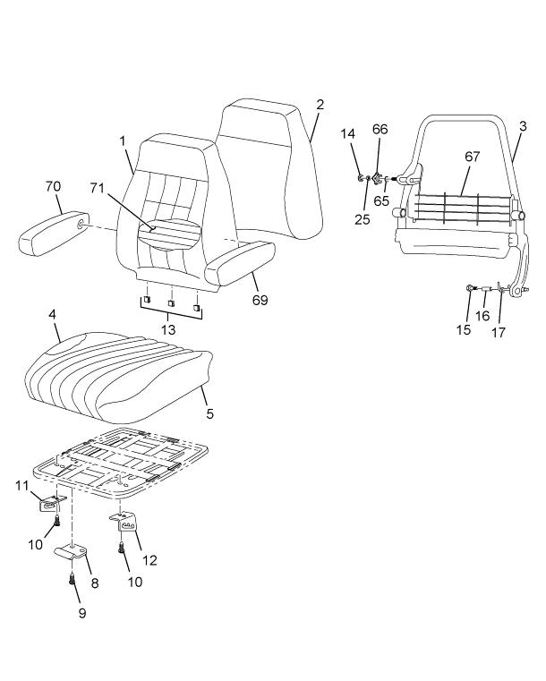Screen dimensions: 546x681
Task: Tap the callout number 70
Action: pyautogui.click(x=53, y=187)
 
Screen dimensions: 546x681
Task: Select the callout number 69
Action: pyautogui.click(x=260, y=300)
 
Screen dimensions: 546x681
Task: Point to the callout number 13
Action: pyautogui.click(x=168, y=329)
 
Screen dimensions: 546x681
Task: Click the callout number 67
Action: pyautogui.click(x=473, y=157)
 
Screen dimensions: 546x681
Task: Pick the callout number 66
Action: pyautogui.click(x=380, y=129)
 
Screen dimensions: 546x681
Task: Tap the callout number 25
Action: pyautogui.click(x=362, y=219)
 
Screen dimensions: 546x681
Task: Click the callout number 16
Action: pyautogui.click(x=482, y=316)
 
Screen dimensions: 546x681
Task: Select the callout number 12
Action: pyautogui.click(x=149, y=560)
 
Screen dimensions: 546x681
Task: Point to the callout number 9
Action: pyautogui.click(x=82, y=613)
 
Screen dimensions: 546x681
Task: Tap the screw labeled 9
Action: pyautogui.click(x=73, y=578)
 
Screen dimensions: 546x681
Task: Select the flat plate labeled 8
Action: pyautogui.click(x=72, y=550)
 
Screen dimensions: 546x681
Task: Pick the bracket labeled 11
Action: pyautogui.click(x=51, y=504)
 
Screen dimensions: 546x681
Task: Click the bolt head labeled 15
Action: pyautogui.click(x=471, y=288)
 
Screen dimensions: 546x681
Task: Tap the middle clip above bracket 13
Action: pyautogui.click(x=171, y=302)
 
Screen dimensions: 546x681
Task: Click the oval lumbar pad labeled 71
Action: pyautogui.click(x=170, y=235)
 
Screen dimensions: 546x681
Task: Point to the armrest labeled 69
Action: pyautogui.click(x=239, y=263)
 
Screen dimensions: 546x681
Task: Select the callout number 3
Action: pyautogui.click(x=523, y=126)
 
